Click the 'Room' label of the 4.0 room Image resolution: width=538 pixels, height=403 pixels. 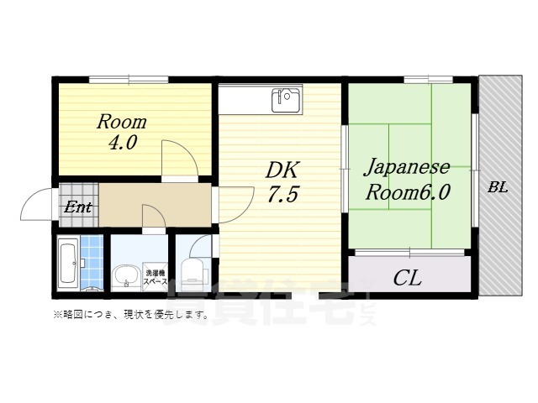pyautogui.click(x=122, y=122)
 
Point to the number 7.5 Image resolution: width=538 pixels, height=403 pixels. pyautogui.click(x=283, y=196)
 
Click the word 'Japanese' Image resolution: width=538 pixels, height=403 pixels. pyautogui.click(x=407, y=166)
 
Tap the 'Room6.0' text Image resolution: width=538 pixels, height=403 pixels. pyautogui.click(x=407, y=191)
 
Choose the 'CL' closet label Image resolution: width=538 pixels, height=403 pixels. pyautogui.click(x=408, y=277)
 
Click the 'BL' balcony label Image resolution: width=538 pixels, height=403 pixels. pyautogui.click(x=498, y=188)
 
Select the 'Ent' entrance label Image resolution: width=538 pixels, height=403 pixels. pyautogui.click(x=79, y=207)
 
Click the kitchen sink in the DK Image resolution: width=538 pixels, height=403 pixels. pyautogui.click(x=286, y=101)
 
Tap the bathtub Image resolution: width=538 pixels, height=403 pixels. pyautogui.click(x=69, y=263)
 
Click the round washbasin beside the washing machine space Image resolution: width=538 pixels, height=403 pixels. pyautogui.click(x=126, y=275)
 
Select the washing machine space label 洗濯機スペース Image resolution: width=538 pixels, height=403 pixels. pyautogui.click(x=156, y=278)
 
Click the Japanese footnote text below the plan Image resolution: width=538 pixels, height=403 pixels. pyautogui.click(x=130, y=315)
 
